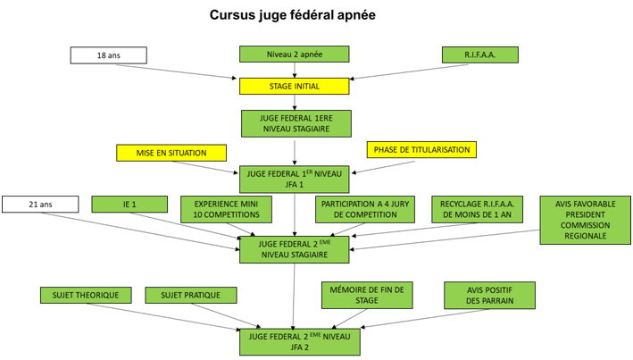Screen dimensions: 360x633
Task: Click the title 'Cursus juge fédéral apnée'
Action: click(292, 15)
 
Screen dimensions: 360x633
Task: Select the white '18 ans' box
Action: click(108, 55)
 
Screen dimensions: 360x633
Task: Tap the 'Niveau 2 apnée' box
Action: click(294, 55)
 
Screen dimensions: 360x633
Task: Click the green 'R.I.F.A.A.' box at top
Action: click(479, 55)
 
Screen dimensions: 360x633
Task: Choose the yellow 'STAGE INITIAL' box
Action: click(294, 86)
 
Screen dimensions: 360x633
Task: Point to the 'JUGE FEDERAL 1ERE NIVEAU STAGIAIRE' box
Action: click(296, 122)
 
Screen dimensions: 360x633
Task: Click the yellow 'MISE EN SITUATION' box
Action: click(171, 153)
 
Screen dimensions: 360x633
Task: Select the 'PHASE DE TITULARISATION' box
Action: click(421, 149)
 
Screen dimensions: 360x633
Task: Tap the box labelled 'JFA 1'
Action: click(295, 179)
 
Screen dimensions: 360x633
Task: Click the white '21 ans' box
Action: click(40, 205)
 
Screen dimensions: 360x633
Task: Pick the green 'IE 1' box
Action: click(129, 205)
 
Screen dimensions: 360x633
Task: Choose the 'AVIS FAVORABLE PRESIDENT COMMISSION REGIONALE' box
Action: click(584, 220)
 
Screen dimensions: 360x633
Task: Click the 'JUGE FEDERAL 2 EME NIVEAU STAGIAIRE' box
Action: click(294, 249)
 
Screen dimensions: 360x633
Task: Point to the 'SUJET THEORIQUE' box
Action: click(86, 295)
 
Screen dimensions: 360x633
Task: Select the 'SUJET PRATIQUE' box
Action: click(191, 295)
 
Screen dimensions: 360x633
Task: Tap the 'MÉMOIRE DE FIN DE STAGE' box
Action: click(367, 295)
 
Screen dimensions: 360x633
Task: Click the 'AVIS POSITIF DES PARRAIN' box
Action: click(490, 295)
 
